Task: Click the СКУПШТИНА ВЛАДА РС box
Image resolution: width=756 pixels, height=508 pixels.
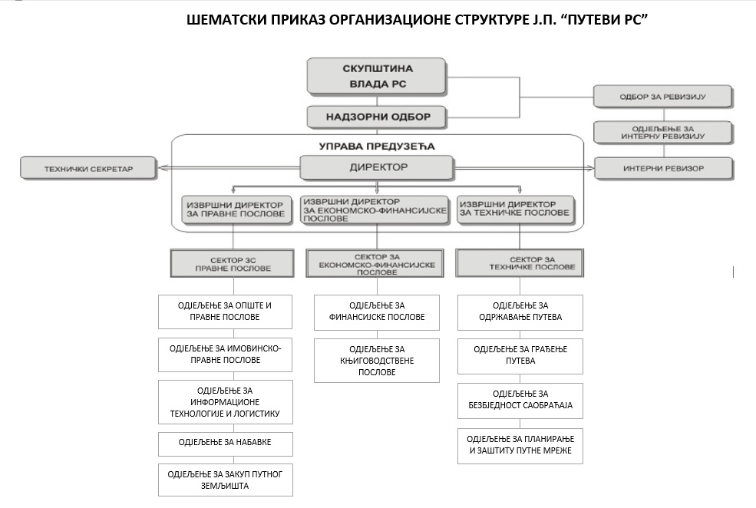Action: point(376,76)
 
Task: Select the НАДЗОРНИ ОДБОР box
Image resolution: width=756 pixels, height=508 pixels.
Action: point(376,117)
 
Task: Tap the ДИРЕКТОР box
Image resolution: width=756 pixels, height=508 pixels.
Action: point(378,167)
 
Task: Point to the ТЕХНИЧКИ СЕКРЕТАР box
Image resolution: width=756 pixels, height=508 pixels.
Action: point(87,167)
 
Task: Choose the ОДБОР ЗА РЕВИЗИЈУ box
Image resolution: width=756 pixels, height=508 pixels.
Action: point(662,97)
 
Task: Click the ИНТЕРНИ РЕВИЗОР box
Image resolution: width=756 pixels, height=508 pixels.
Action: point(662,167)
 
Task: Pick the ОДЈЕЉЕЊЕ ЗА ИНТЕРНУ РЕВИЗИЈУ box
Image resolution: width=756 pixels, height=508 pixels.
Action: point(662,132)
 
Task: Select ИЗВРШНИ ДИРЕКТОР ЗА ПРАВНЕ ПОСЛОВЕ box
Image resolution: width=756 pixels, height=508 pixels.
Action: point(239,209)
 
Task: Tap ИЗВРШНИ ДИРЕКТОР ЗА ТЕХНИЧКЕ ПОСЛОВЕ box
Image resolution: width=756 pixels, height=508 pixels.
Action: point(513,209)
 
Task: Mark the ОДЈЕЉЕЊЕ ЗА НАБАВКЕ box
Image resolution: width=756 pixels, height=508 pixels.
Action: point(225,443)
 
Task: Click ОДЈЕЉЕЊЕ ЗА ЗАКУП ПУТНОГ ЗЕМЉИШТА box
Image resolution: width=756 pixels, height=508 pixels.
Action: point(225,480)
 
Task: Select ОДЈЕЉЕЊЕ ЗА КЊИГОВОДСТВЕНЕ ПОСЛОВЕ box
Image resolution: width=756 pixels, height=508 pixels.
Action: point(376,360)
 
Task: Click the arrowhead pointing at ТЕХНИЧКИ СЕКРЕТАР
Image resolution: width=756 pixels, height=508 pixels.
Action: point(159,167)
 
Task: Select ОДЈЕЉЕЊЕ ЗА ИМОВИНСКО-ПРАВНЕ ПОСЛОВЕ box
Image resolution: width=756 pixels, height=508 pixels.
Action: point(225,354)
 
